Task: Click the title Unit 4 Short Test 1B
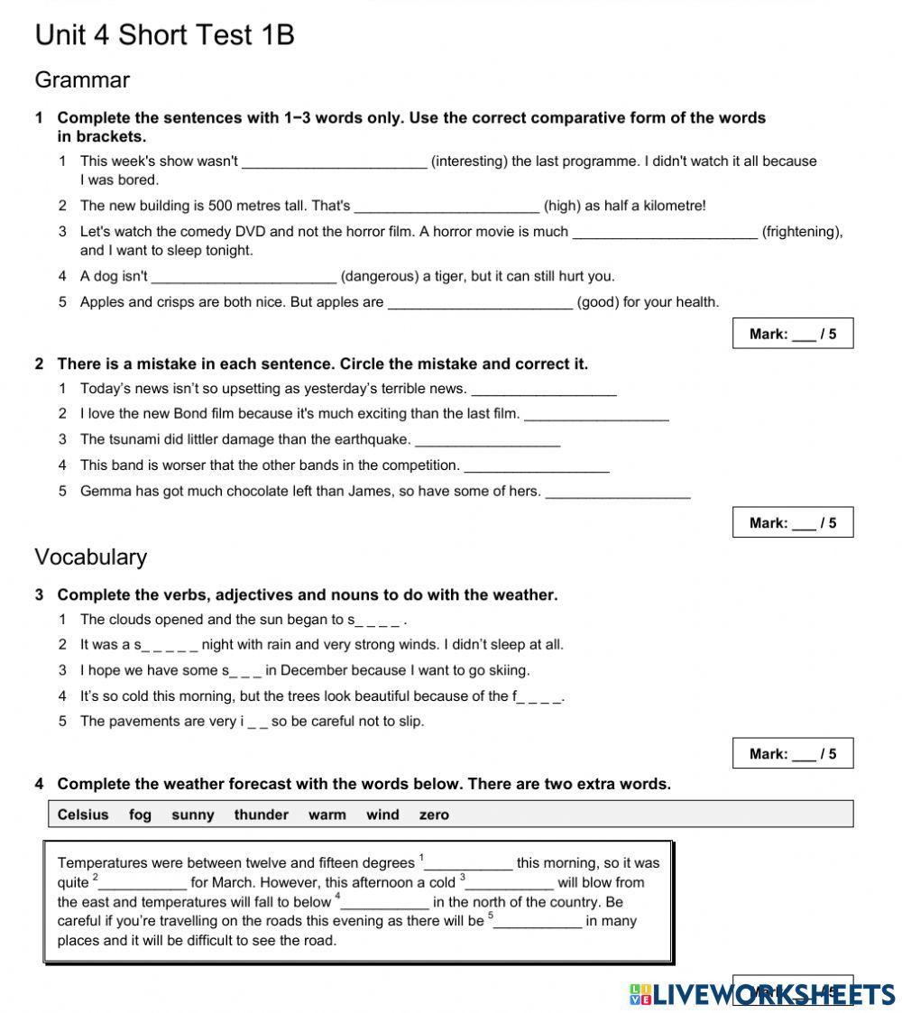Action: pyautogui.click(x=164, y=35)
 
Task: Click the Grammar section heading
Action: pyautogui.click(x=82, y=80)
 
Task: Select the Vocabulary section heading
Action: pyautogui.click(x=90, y=557)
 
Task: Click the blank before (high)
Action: pyautogui.click(x=446, y=207)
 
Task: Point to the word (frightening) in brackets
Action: pyautogui.click(x=802, y=232)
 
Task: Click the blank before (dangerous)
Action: pyautogui.click(x=244, y=277)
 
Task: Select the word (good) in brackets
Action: pyautogui.click(x=596, y=302)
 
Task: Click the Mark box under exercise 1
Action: pyautogui.click(x=792, y=334)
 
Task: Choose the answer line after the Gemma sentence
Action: pyautogui.click(x=618, y=493)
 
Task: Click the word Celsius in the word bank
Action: pyautogui.click(x=83, y=815)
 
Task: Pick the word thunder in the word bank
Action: pyautogui.click(x=261, y=815)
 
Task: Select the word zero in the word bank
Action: pyautogui.click(x=434, y=815)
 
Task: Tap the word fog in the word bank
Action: pyautogui.click(x=140, y=815)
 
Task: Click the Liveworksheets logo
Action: pyautogui.click(x=762, y=993)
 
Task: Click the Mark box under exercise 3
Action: pyautogui.click(x=792, y=754)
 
